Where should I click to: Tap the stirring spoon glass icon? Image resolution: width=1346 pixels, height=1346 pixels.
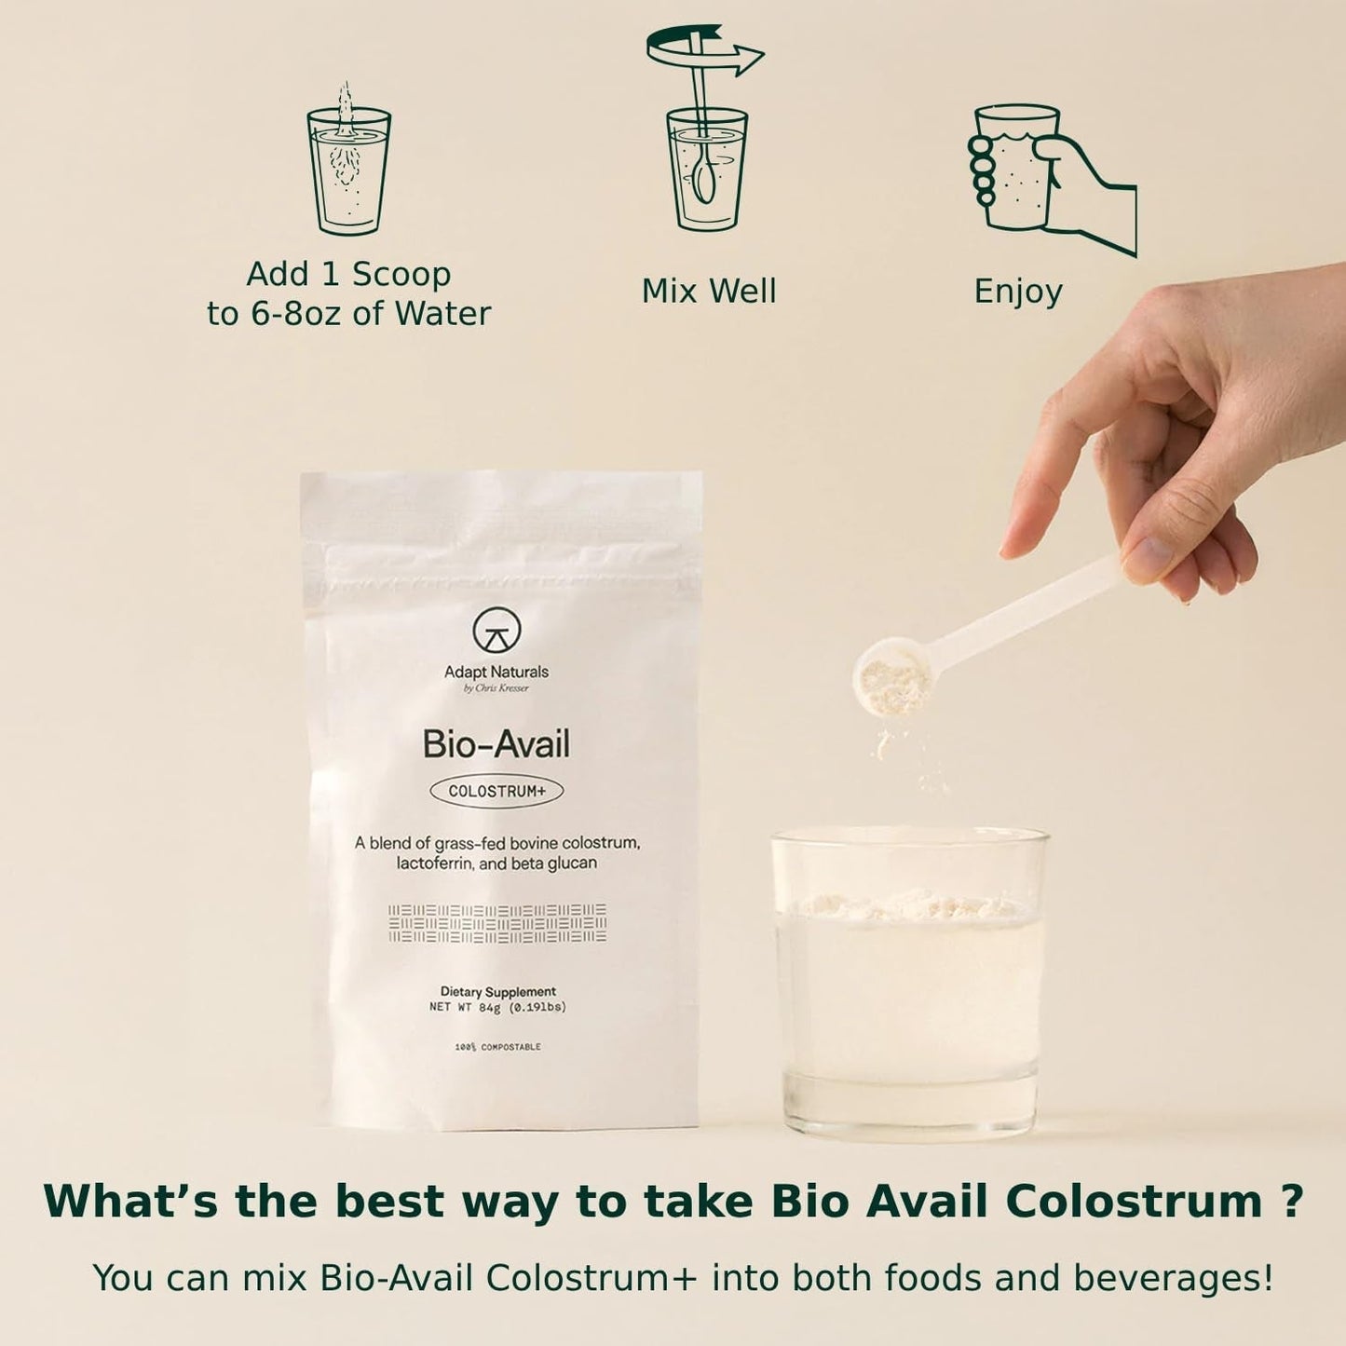click(706, 168)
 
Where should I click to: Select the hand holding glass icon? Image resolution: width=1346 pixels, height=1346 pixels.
click(1052, 179)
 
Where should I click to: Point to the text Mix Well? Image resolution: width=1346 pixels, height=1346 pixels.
click(709, 292)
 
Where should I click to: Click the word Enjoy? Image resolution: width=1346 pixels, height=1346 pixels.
click(1018, 292)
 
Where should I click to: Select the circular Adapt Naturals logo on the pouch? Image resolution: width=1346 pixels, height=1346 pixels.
click(496, 631)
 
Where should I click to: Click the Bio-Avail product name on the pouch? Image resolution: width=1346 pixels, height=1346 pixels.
click(496, 744)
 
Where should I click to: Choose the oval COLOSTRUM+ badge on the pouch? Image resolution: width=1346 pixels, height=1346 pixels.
click(496, 792)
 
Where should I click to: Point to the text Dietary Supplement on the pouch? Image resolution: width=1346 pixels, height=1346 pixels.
click(498, 991)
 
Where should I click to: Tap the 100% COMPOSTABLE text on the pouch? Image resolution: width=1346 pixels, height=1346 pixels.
click(497, 1047)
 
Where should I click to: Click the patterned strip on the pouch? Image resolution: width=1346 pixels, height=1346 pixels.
click(496, 923)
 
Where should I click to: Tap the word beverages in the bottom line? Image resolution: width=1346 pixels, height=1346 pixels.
click(1174, 1278)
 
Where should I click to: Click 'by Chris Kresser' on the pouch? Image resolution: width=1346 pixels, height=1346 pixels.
click(496, 688)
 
